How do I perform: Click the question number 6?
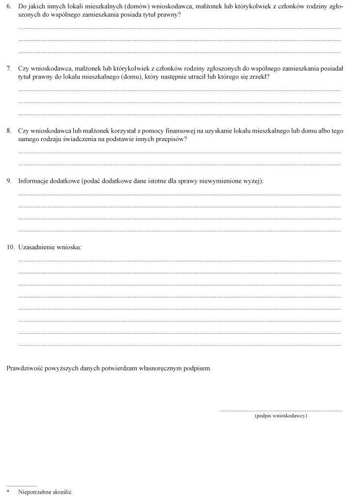9,7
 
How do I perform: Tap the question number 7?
9,69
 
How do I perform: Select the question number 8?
9,131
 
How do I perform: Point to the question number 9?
9,181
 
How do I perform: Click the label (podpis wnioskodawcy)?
281,416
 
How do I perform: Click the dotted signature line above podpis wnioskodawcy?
281,410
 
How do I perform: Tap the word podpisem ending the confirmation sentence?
197,367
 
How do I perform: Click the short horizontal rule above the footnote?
22,486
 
